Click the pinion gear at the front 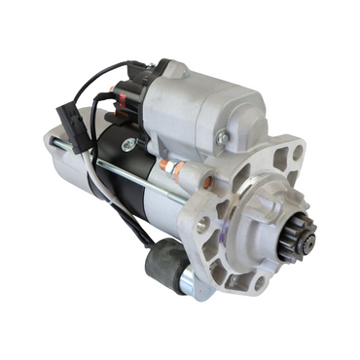point(295,237)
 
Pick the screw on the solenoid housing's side point(222,140)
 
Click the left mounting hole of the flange point(202,223)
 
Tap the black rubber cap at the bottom point(164,264)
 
